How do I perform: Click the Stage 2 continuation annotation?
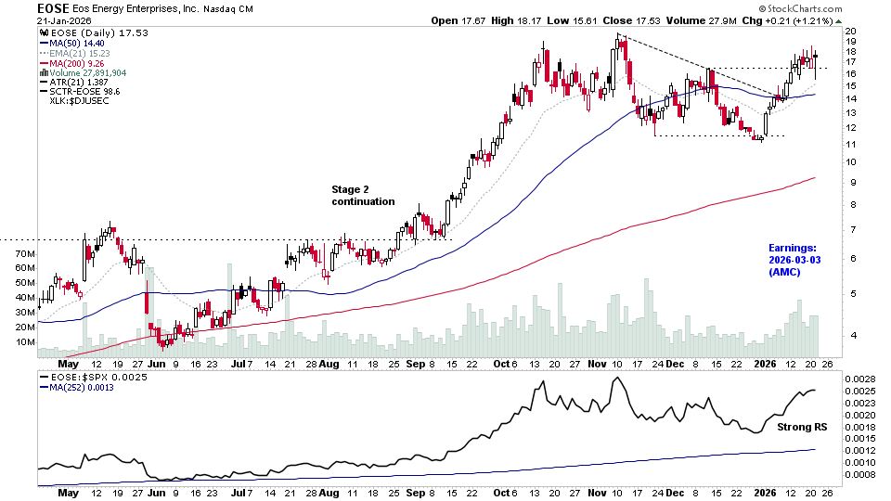[363, 195]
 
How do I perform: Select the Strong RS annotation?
[794, 427]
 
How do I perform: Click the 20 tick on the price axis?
[850, 31]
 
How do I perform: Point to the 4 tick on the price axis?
[847, 336]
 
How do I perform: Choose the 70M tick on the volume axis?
[25, 253]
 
